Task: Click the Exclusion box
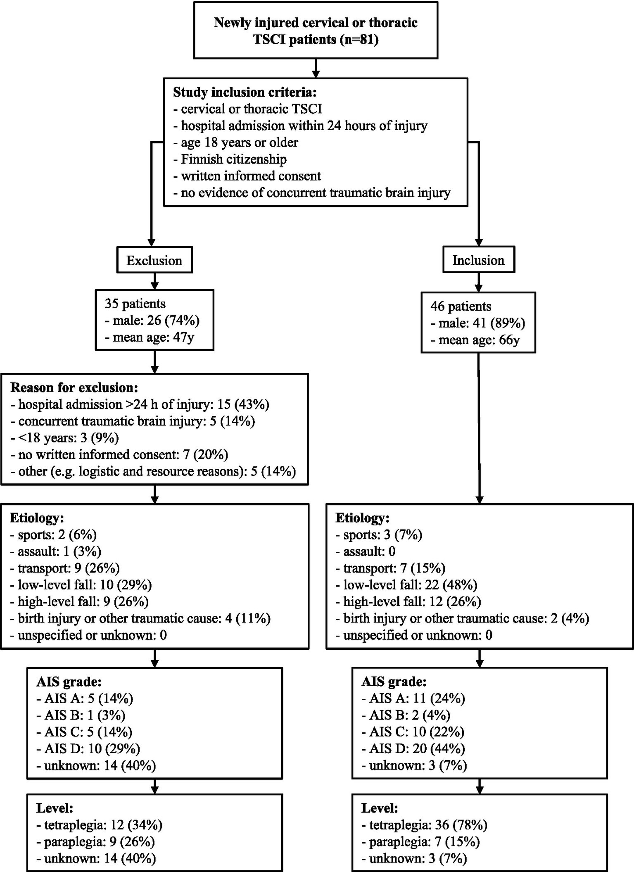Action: coord(154,260)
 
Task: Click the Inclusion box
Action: coord(478,260)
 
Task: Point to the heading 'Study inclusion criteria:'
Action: coord(245,92)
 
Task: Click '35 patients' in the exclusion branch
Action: coord(135,304)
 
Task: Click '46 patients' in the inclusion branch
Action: coord(461,306)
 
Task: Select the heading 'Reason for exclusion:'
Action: coord(74,387)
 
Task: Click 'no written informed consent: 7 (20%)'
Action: coord(119,454)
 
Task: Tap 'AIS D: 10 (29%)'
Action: coord(88,748)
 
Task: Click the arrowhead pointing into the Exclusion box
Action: coord(152,242)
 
